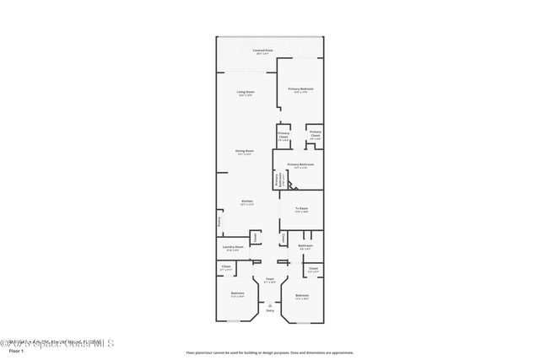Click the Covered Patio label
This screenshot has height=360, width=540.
262,50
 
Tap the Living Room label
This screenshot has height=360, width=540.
246,91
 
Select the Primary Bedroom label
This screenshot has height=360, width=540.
300,89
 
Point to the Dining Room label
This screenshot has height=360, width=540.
245,151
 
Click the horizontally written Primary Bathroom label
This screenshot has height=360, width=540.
300,164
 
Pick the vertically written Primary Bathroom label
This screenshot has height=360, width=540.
277,180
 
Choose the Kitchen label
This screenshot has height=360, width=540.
247,201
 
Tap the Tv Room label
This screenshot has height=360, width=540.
301,207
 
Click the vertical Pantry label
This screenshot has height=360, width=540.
219,223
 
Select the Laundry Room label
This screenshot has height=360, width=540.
234,246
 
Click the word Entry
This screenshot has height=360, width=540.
270,311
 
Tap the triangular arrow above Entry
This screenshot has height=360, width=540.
270,304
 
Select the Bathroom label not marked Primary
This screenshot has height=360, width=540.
305,245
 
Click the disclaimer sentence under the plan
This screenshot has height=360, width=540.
270,352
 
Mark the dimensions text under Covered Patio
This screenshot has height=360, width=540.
262,54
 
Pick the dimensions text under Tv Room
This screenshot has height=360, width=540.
301,212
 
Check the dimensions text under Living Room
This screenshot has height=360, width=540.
246,95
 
